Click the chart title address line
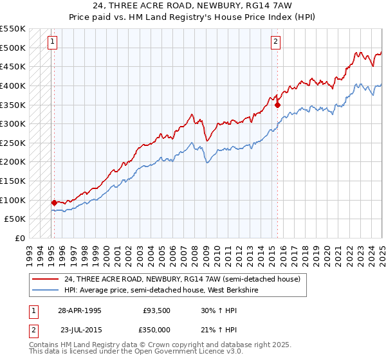[x=193, y=6]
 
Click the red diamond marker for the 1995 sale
[x=54, y=203]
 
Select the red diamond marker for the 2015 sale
[x=277, y=104]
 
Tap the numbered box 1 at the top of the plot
[x=51, y=42]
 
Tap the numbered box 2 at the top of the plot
[x=275, y=42]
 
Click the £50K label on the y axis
[x=14, y=219]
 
